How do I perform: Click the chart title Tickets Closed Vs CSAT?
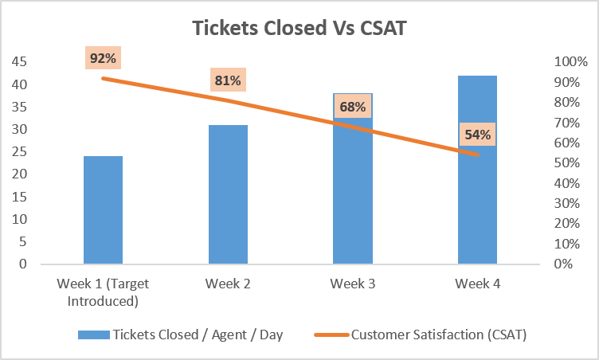point(299,28)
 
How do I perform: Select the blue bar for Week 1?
point(103,209)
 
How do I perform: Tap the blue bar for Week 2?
point(228,194)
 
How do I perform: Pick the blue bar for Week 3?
point(353,178)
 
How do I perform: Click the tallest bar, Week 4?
point(477,170)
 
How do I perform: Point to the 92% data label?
point(103,58)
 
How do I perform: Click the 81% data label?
point(228,80)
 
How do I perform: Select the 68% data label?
point(353,107)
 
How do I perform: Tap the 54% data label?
point(477,134)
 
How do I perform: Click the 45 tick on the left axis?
point(19,61)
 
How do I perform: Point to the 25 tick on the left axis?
point(19,151)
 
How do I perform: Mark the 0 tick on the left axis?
point(23,264)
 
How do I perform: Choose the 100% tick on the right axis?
point(571,61)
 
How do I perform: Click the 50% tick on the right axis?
point(567,162)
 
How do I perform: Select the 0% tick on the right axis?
point(563,264)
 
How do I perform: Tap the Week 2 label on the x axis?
point(228,284)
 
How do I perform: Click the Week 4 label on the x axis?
point(477,284)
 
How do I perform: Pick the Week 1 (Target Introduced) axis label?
point(103,292)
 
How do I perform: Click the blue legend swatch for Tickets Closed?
point(94,335)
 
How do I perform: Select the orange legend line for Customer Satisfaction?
point(331,335)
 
